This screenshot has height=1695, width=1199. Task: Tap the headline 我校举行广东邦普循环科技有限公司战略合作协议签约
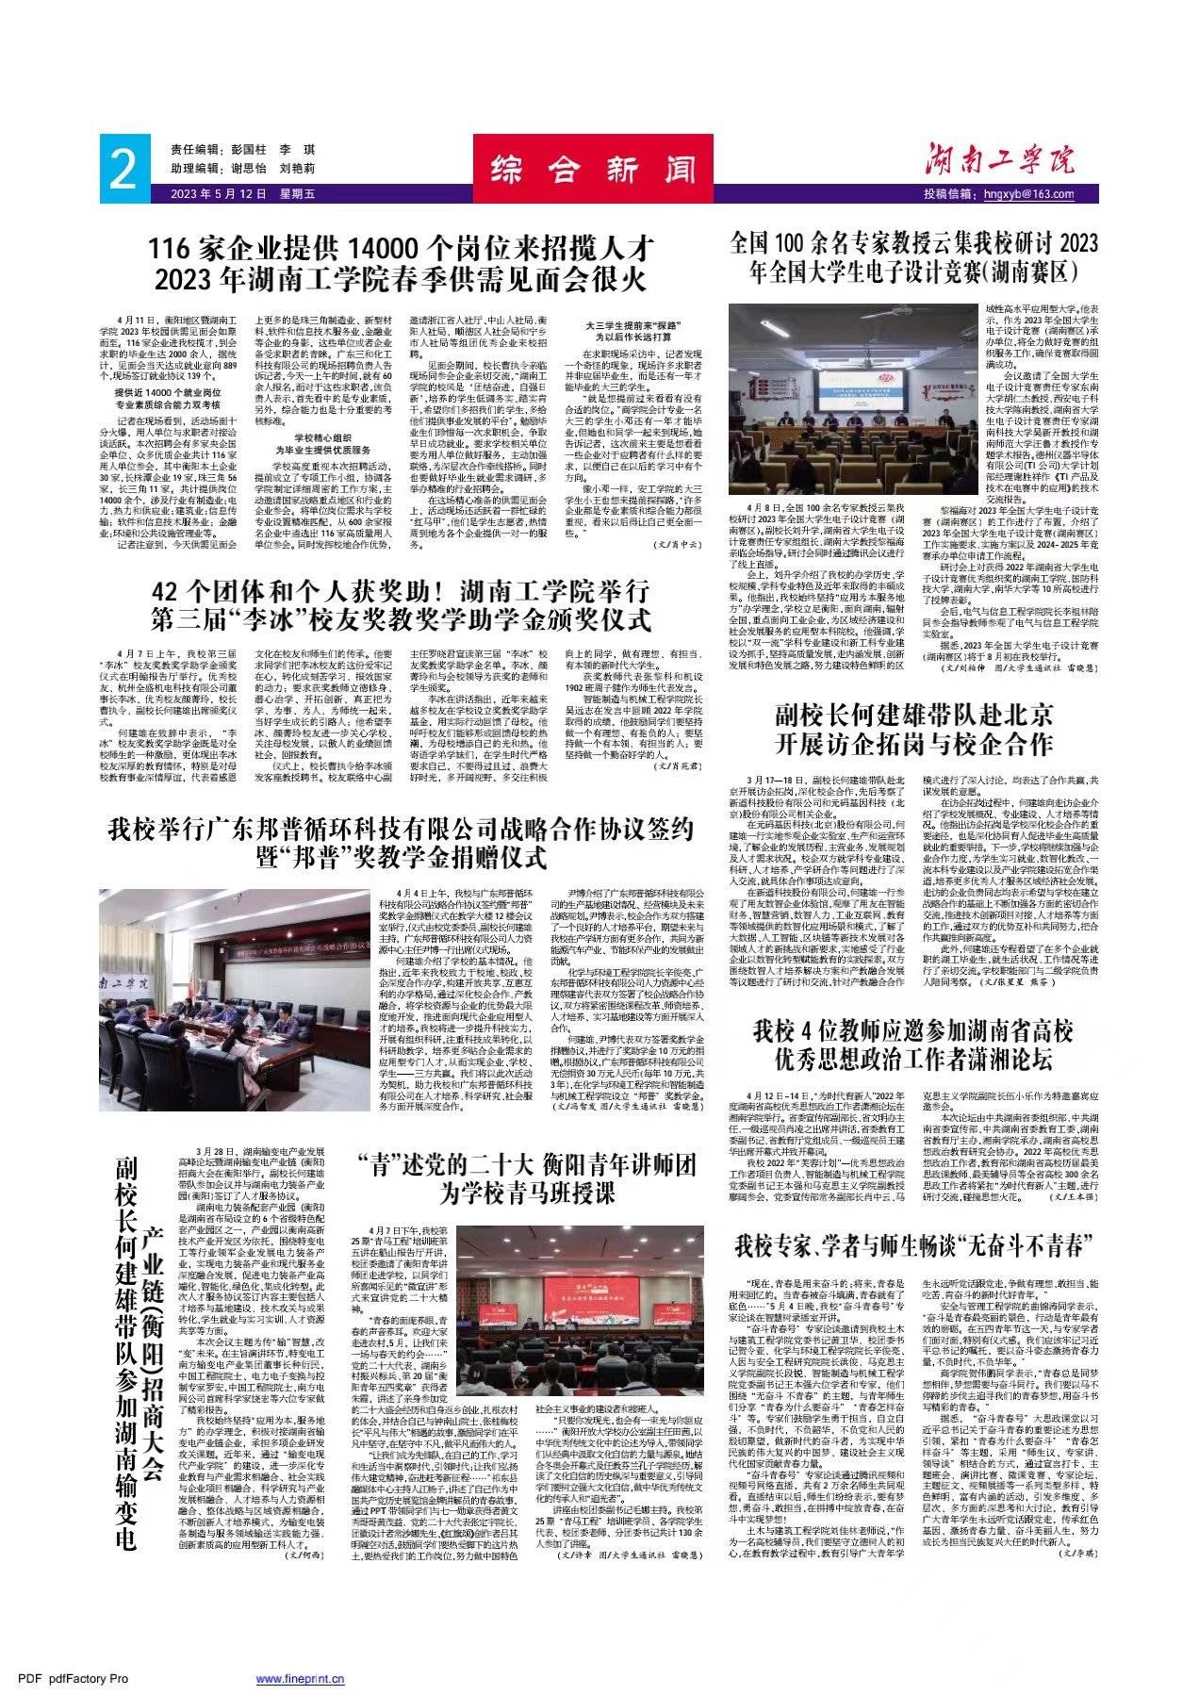400,843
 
